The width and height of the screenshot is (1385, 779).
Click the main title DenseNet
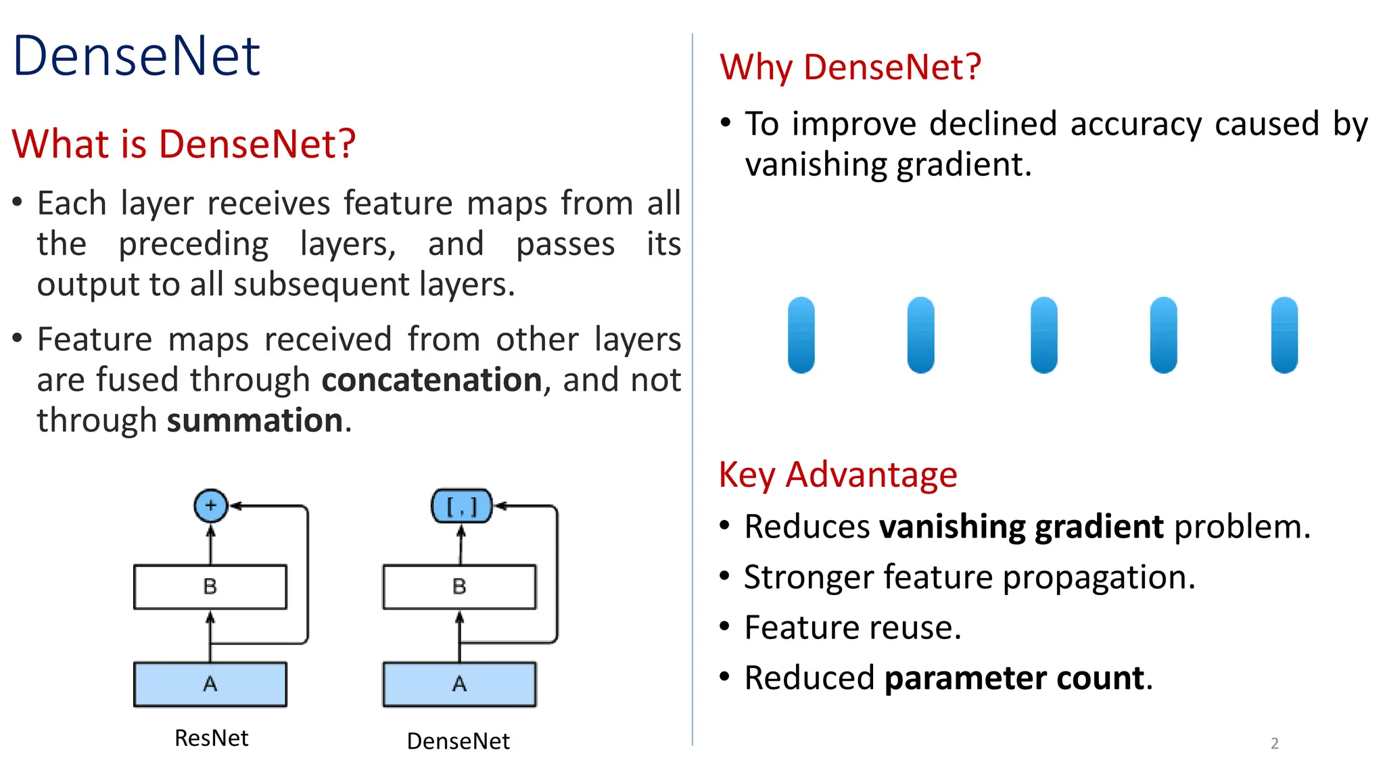(x=136, y=56)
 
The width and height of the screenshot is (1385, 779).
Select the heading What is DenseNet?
(x=183, y=144)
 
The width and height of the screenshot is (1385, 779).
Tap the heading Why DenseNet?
(x=850, y=67)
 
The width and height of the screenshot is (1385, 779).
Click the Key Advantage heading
(x=838, y=475)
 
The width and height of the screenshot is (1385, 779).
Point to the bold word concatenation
(x=431, y=380)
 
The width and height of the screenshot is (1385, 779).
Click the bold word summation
(x=255, y=421)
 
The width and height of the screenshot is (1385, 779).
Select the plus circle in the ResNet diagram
(x=210, y=505)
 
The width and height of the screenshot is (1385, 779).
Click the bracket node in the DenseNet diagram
(x=461, y=506)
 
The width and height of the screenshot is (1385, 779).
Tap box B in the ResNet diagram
(x=210, y=586)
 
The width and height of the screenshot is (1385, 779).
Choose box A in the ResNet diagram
(x=210, y=684)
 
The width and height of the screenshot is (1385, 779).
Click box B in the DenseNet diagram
(x=459, y=586)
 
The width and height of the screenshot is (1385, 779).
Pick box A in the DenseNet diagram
(x=459, y=684)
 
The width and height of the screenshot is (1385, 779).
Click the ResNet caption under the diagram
(x=211, y=738)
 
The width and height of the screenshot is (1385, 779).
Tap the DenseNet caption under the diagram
(x=458, y=741)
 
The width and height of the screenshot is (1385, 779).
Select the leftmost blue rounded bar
(x=801, y=335)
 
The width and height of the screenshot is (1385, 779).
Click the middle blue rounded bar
(x=1043, y=335)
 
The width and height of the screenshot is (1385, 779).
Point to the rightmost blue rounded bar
(x=1284, y=335)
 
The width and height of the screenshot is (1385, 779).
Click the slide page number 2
(x=1274, y=743)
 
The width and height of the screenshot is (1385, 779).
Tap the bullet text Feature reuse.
(x=852, y=628)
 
